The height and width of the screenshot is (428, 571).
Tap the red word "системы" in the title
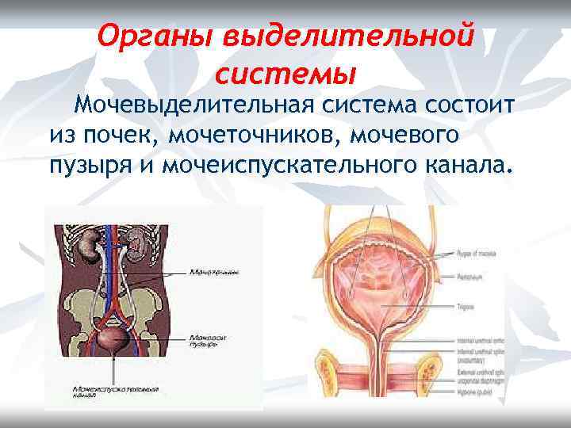(x=284, y=76)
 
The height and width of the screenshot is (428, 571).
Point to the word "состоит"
(x=468, y=105)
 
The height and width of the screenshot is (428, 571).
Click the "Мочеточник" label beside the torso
(x=214, y=272)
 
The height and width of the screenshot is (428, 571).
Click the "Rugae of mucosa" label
(x=477, y=254)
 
